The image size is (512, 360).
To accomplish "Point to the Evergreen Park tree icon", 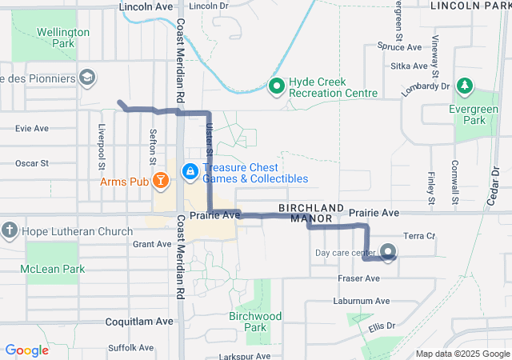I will pos(464,86).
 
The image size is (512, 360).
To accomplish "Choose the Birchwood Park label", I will pos(254,322).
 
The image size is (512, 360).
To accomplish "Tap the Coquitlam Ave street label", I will pos(139,321).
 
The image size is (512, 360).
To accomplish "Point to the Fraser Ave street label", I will pos(357,278).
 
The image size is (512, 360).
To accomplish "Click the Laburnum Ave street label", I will pos(362,302).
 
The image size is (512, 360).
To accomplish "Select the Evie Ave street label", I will pos(32,128).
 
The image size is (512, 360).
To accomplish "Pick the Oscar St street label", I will pos(32,163).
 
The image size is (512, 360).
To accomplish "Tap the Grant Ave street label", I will pos(152,244).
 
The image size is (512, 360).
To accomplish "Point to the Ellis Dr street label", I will pos(382,326).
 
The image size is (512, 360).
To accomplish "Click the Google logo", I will pos(26,350).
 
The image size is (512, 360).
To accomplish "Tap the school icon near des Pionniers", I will pos(87,78).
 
